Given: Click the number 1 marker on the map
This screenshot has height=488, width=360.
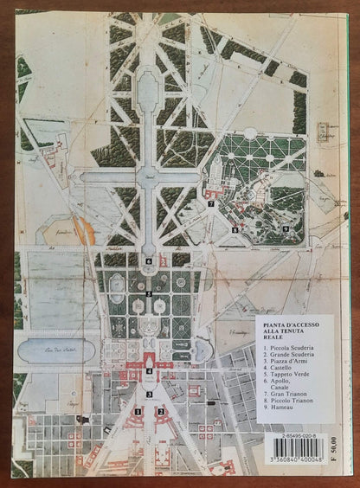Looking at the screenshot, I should [137, 412].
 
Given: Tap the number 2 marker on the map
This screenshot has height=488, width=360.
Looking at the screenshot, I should [161, 412].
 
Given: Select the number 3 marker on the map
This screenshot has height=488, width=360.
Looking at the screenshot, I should [149, 395].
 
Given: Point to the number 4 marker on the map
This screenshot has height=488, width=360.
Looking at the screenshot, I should [149, 373].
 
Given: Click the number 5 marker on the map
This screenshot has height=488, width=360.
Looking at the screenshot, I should [149, 294].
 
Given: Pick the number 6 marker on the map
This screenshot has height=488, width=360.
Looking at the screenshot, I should [149, 260].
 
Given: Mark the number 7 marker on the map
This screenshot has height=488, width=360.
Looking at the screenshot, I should [210, 203].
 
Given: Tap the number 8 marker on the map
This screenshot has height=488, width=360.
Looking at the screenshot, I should [234, 229].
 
